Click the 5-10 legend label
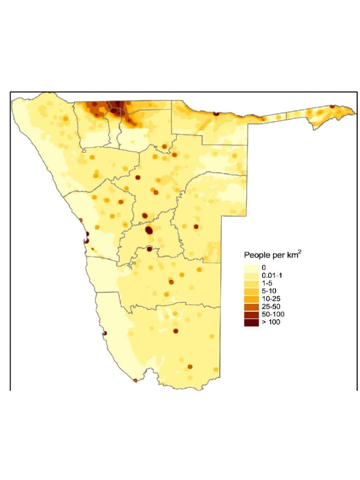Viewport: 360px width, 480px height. click(266, 291)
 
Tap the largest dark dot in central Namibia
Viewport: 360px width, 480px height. click(149, 230)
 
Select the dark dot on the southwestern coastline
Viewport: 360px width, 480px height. click(105, 334)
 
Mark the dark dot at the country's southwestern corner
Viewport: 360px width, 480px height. click(135, 381)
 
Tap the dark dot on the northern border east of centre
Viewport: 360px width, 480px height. click(216, 113)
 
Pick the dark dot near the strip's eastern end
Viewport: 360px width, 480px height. click(332, 106)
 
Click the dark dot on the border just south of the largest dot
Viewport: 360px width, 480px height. click(149, 249)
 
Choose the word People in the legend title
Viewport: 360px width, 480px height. click(256, 255)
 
